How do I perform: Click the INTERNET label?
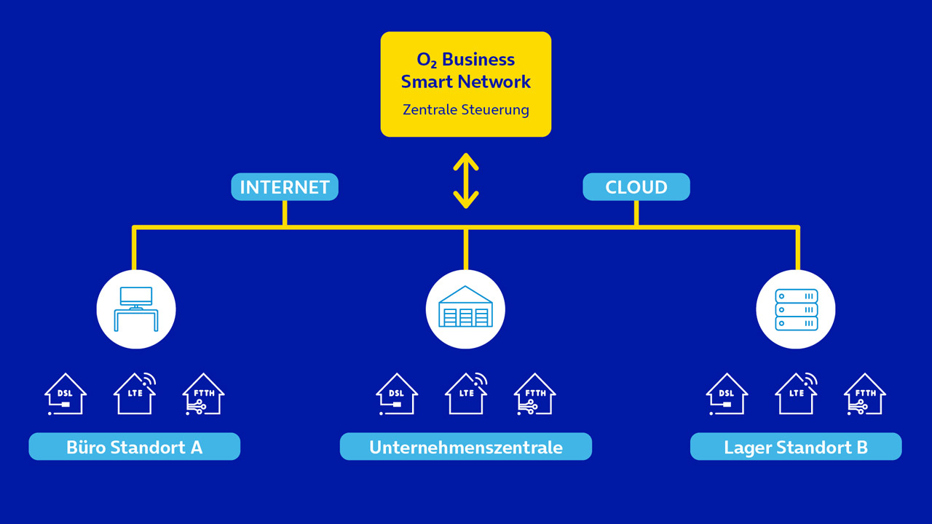(285, 187)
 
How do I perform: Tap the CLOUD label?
(636, 187)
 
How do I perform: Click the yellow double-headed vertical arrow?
(466, 180)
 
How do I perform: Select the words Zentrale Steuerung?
(466, 110)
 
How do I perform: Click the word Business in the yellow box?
(478, 60)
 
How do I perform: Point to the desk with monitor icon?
(136, 309)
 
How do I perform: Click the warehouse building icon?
(466, 309)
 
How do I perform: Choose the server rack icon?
(796, 309)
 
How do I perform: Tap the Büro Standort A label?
(135, 447)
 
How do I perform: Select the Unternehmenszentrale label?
(466, 447)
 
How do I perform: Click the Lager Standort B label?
(796, 447)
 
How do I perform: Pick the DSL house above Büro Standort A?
(66, 394)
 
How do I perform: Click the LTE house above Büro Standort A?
(135, 394)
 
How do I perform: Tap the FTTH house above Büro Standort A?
(203, 394)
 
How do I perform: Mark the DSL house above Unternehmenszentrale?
(396, 394)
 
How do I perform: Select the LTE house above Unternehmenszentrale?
(466, 394)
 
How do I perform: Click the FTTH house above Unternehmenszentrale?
(534, 394)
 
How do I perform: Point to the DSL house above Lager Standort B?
(727, 394)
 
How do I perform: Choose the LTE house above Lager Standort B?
(796, 394)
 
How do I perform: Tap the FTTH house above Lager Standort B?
(865, 394)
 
